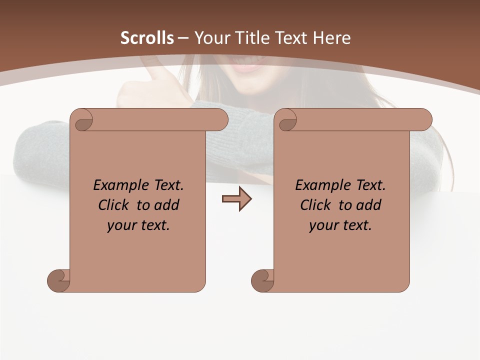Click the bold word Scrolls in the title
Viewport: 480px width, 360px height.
(147, 38)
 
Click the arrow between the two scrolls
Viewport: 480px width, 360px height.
(236, 199)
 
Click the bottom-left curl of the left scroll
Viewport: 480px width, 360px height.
(58, 280)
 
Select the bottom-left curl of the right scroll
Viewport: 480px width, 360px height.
(262, 280)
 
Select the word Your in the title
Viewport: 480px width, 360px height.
(208, 38)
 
